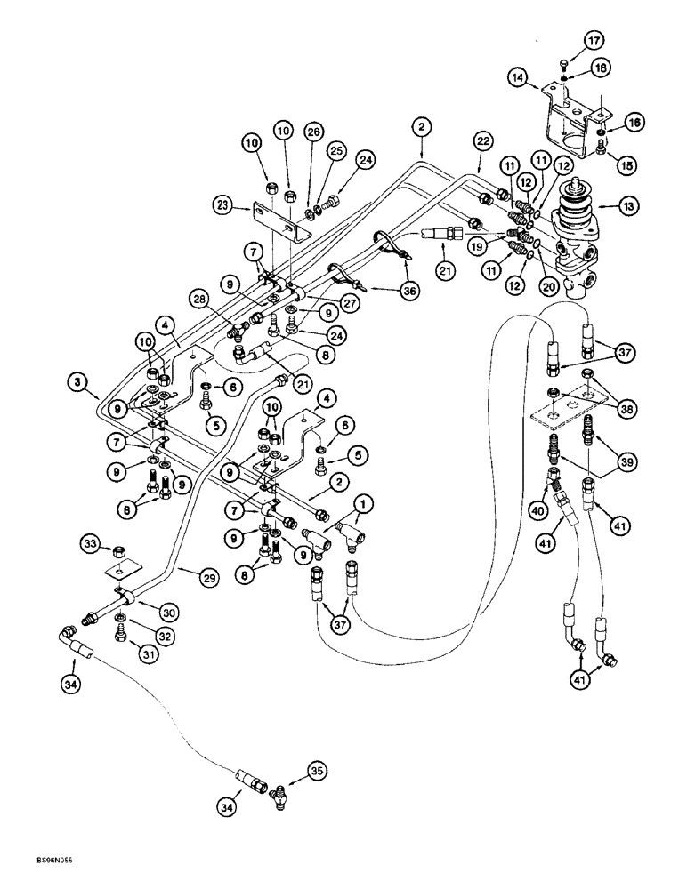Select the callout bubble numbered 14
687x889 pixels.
click(x=523, y=78)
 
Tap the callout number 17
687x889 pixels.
click(x=594, y=39)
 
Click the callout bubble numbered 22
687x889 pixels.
click(x=481, y=141)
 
